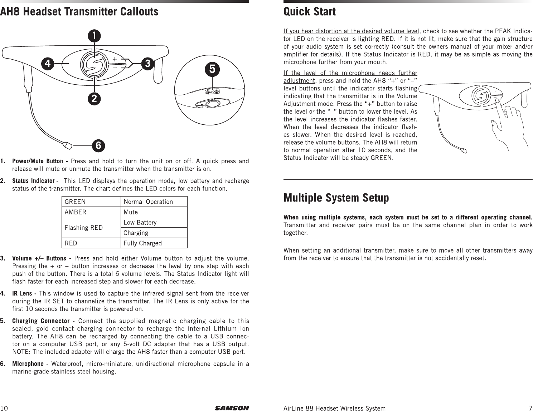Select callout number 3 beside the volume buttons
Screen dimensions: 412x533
tap(147, 64)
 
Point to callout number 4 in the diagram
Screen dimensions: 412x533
tap(47, 64)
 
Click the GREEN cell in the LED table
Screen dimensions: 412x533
tap(91, 202)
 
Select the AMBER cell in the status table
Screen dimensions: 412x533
tap(91, 212)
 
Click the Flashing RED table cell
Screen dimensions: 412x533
tap(91, 228)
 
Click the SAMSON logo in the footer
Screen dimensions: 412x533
tap(232, 408)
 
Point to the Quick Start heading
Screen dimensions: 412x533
tap(309, 12)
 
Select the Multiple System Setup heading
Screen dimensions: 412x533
tap(336, 198)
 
